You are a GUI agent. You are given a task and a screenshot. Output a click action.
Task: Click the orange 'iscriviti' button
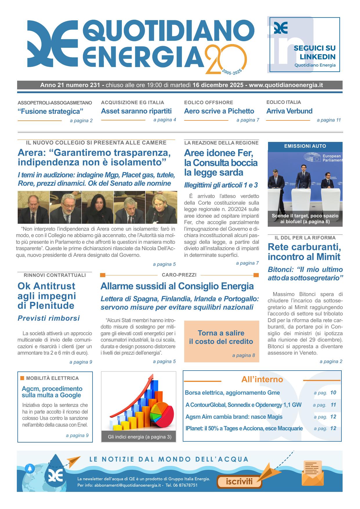click(239, 482)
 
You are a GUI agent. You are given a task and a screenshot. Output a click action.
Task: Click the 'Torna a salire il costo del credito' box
click(221, 341)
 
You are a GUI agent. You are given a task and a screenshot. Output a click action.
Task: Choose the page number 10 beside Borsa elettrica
click(333, 393)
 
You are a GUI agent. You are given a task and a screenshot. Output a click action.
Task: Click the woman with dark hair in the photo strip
click(97, 207)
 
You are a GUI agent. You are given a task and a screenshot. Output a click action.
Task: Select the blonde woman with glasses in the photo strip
click(161, 207)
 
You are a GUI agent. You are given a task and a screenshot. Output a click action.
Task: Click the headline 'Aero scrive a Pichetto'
click(219, 111)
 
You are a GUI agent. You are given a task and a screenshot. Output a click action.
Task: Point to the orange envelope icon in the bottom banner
click(313, 473)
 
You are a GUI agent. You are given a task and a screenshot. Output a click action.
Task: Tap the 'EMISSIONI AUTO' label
click(305, 146)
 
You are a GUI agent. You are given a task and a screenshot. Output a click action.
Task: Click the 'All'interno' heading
click(262, 380)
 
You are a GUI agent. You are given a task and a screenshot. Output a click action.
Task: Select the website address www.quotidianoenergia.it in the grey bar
click(286, 85)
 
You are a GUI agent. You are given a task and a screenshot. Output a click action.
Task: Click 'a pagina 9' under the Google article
click(77, 435)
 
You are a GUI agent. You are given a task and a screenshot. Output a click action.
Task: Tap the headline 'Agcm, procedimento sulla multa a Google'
click(52, 392)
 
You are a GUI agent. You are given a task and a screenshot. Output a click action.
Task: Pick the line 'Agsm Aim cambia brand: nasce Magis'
click(234, 417)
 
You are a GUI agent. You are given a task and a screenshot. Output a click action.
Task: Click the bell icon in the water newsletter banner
click(30, 468)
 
